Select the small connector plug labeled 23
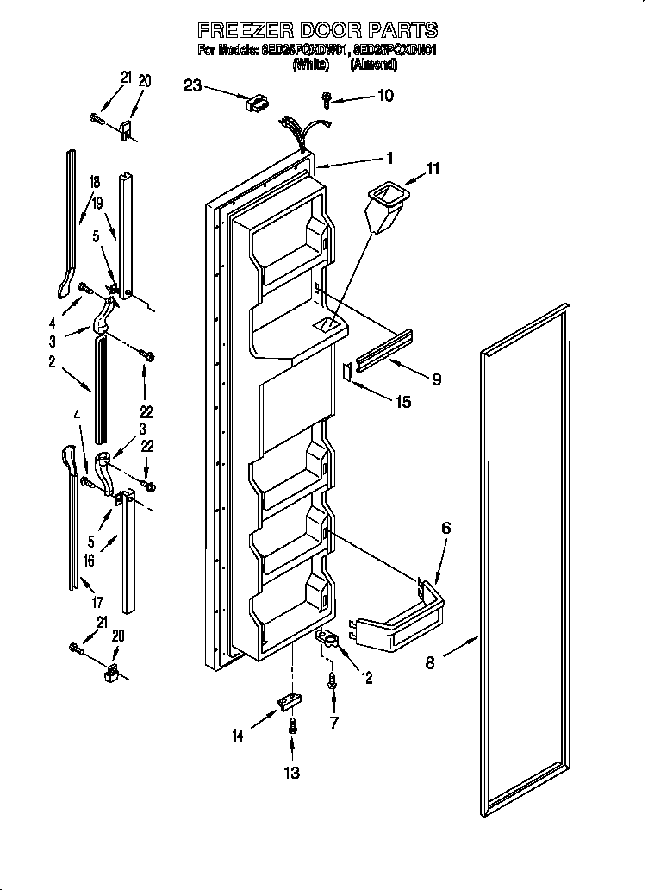[x=256, y=103]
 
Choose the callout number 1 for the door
[x=389, y=158]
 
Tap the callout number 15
[x=402, y=401]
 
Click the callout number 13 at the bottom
[x=292, y=772]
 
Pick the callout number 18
[x=94, y=181]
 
